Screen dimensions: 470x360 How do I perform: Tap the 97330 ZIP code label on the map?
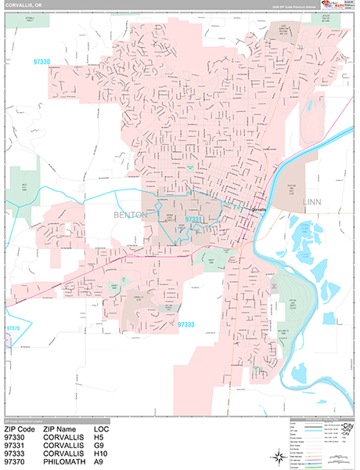pyautogui.click(x=46, y=61)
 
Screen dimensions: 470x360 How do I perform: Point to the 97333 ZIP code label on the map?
pyautogui.click(x=189, y=323)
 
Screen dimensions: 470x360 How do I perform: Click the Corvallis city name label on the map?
pyautogui.click(x=257, y=211)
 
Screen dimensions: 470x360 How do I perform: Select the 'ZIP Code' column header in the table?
pyautogui.click(x=20, y=430)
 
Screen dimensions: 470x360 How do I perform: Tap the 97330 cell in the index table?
pyautogui.click(x=16, y=438)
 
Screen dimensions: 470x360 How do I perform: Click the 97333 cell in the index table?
pyautogui.click(x=16, y=453)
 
